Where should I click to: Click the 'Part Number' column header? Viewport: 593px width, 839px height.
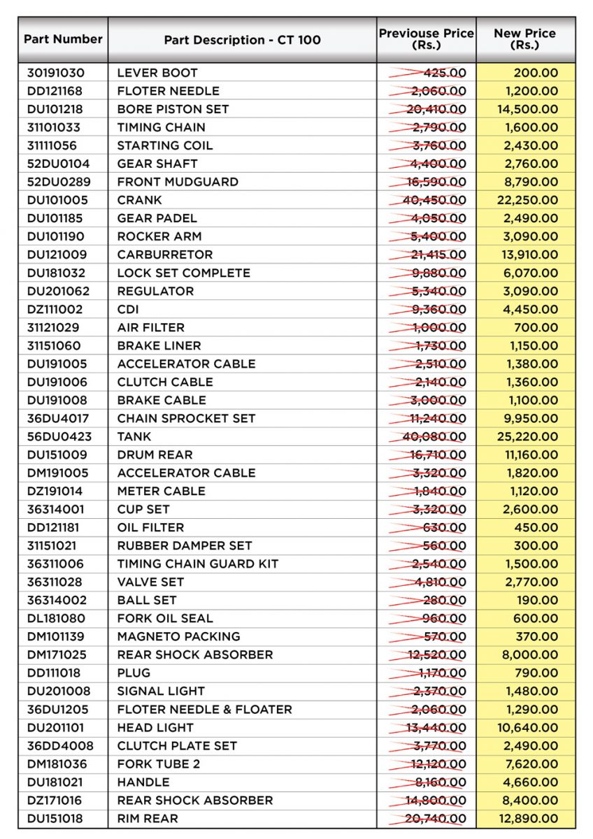tap(63, 39)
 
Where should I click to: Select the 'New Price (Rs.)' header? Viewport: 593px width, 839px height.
tap(524, 39)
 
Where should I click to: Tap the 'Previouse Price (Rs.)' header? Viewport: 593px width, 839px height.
tap(426, 39)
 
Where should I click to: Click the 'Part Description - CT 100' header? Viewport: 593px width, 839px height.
tap(242, 40)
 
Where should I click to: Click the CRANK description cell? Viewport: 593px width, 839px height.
tap(140, 200)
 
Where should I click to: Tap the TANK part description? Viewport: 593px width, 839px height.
tap(134, 436)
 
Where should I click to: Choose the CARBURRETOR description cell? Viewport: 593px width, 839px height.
tap(165, 254)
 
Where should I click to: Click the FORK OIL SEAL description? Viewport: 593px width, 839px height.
tap(165, 618)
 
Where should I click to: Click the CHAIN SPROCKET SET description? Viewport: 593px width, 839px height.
tap(186, 418)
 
